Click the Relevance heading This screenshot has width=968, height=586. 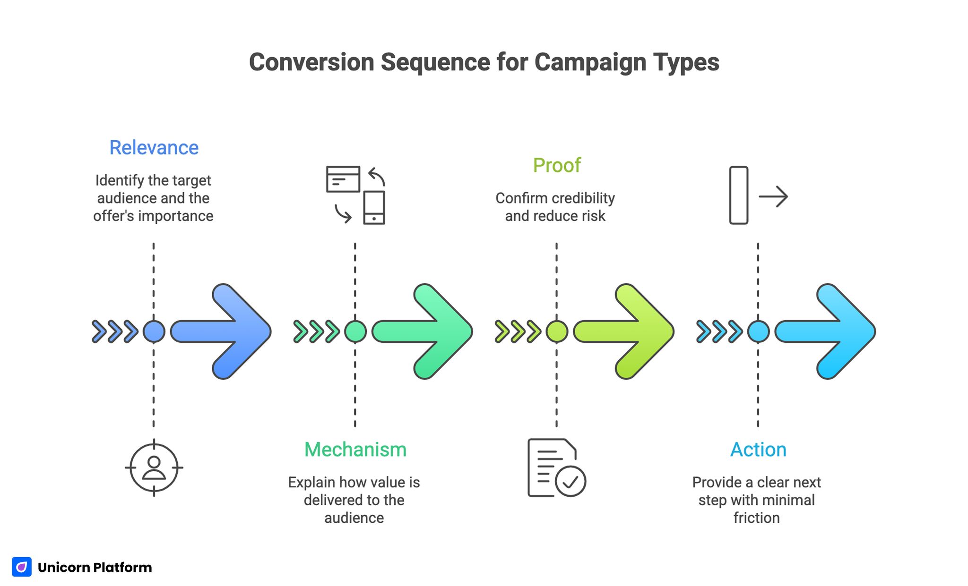[x=154, y=148]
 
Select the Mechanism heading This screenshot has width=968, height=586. [x=355, y=450]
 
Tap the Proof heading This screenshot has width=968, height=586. [x=556, y=165]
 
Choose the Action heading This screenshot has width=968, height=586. [x=758, y=450]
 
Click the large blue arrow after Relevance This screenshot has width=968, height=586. [x=227, y=331]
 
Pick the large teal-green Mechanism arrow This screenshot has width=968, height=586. [x=428, y=331]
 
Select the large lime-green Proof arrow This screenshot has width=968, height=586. [x=630, y=331]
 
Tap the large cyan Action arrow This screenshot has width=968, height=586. [x=831, y=331]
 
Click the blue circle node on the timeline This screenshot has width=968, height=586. [x=154, y=331]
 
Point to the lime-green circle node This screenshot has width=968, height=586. [x=556, y=331]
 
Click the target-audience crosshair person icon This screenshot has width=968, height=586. [x=154, y=467]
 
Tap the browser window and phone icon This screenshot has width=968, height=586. [x=355, y=195]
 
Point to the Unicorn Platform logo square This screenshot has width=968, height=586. [x=22, y=567]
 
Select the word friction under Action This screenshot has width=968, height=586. [x=756, y=518]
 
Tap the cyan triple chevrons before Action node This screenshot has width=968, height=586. [x=719, y=331]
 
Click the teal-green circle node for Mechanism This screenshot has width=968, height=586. [x=355, y=331]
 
